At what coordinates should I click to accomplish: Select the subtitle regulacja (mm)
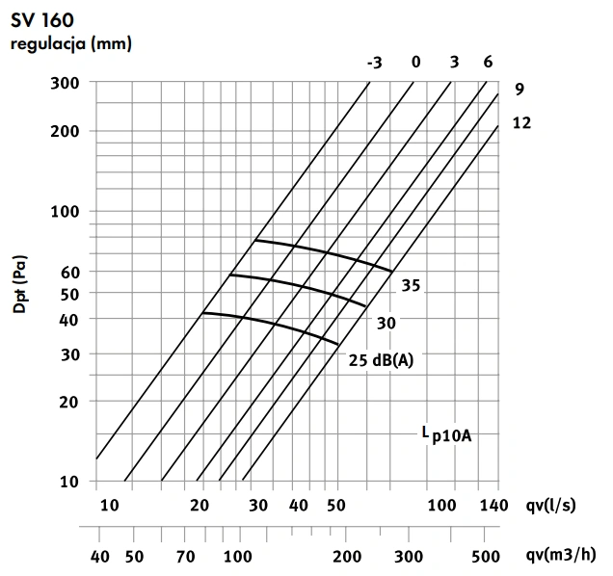point(70,42)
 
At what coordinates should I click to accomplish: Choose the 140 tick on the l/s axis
point(492,506)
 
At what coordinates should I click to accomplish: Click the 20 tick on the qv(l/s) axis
point(200,506)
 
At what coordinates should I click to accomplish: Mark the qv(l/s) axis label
point(557,506)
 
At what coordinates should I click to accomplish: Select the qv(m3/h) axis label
point(561,555)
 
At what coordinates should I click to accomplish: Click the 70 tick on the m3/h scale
point(185,555)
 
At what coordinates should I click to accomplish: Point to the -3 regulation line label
point(374,64)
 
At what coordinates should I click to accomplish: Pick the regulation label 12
point(521,123)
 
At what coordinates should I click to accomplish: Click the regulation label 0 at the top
point(415,64)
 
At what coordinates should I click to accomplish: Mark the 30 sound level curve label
point(386,324)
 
